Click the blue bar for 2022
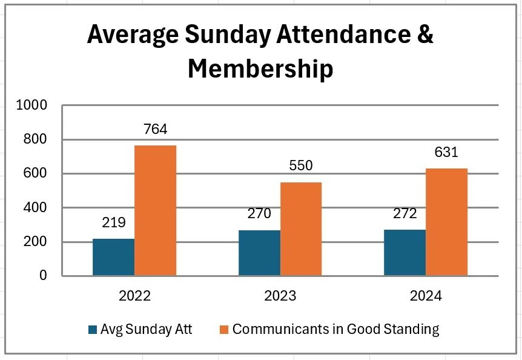pos(113,258)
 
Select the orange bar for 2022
pos(155,210)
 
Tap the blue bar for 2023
pos(259,253)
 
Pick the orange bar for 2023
pos(301,228)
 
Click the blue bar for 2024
pos(405,253)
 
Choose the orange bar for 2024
pos(446,222)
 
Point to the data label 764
pos(155,129)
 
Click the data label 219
pos(113,222)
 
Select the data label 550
pos(301,166)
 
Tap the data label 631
pos(446,153)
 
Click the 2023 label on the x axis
pos(280,296)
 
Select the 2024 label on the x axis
pos(425,296)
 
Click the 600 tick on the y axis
pos(38,174)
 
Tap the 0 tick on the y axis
pos(43,276)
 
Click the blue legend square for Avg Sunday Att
pos(93,330)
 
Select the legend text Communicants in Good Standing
pos(335,330)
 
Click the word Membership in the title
pos(260,68)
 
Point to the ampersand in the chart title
pos(426,35)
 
